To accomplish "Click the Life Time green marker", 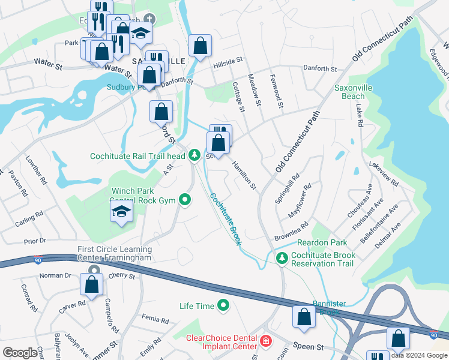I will tap(224, 306).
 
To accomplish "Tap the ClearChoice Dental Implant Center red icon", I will tap(266, 341).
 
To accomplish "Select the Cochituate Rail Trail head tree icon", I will tap(194, 155).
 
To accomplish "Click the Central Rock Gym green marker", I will tap(185, 200).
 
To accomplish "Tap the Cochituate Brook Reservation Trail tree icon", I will tap(282, 258).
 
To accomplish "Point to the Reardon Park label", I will tap(322, 243).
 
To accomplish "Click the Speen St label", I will tap(309, 347).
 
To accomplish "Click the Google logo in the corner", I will tap(19, 353).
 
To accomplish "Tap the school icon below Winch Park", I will tap(121, 212).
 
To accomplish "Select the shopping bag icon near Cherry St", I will tap(91, 286).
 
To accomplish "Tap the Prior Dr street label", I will tap(35, 241).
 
